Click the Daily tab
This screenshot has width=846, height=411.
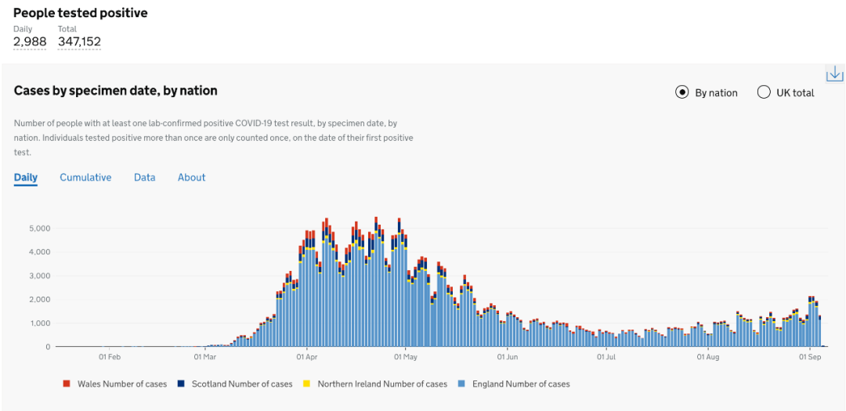click(x=26, y=178)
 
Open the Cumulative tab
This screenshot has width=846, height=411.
click(x=85, y=178)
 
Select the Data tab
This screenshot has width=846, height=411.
click(x=144, y=178)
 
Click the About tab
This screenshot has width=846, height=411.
click(x=191, y=178)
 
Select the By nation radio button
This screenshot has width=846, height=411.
click(x=681, y=92)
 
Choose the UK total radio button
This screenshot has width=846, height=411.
click(x=764, y=92)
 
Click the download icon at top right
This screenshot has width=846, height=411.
click(x=834, y=74)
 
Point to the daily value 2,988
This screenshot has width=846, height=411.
click(x=30, y=41)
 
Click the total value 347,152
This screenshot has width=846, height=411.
click(x=79, y=41)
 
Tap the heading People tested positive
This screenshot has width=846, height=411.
click(x=81, y=13)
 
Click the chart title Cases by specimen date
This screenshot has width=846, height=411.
click(x=115, y=91)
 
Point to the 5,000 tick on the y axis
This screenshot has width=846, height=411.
click(x=40, y=229)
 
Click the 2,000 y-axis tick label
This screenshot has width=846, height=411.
click(x=40, y=300)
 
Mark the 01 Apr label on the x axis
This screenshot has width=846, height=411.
click(x=307, y=358)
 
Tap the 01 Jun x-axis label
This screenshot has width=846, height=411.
click(x=508, y=358)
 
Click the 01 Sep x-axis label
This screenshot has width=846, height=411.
click(x=809, y=358)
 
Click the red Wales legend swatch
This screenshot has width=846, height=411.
click(x=67, y=384)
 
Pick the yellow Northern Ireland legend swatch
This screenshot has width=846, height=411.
click(x=306, y=384)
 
